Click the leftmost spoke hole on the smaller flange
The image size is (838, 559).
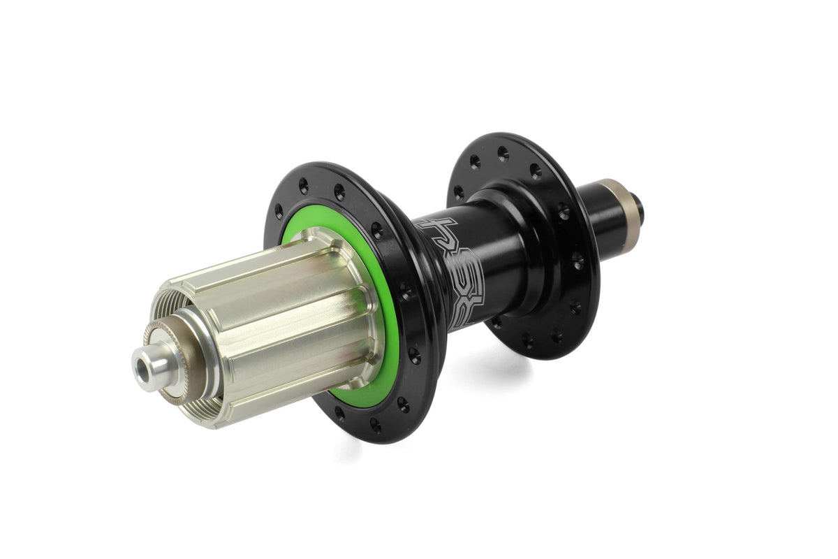coord(458,189)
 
